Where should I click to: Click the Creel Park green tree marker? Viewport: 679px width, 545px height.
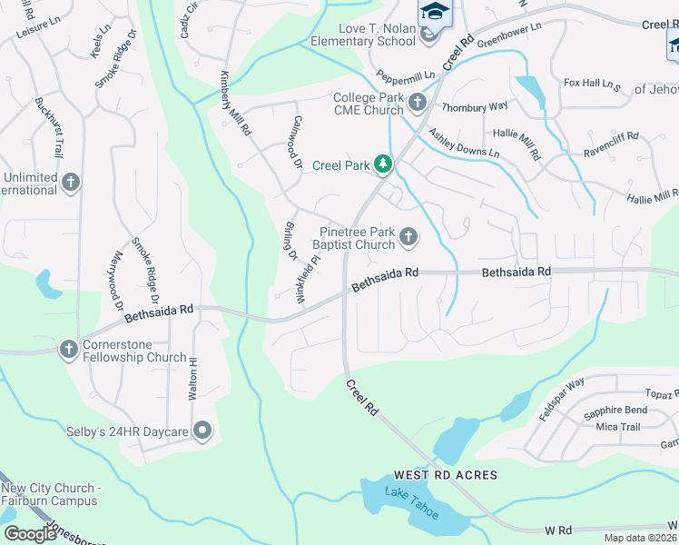384,164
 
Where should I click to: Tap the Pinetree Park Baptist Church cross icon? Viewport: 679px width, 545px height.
408,238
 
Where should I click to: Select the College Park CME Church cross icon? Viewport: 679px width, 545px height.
418,103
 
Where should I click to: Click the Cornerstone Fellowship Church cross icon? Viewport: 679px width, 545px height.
69,350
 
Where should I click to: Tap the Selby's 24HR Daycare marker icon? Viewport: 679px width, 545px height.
202,430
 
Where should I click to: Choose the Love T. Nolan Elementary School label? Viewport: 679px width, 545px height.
363,35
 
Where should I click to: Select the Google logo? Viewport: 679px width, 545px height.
29,534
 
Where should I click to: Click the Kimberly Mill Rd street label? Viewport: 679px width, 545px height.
234,104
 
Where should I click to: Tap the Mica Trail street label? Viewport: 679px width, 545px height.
618,427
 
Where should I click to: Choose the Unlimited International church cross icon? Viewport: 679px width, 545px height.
70,183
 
